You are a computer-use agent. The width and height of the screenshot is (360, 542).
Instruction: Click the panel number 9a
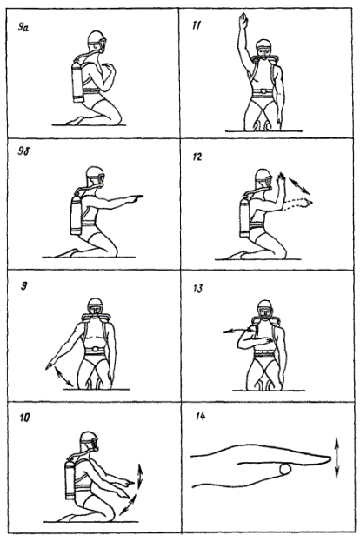23,28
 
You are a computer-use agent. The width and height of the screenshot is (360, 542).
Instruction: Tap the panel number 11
197,25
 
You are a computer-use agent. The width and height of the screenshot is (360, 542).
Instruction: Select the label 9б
23,151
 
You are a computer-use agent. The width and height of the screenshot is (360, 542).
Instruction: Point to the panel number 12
197,157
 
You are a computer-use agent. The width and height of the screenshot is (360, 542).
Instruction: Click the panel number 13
198,288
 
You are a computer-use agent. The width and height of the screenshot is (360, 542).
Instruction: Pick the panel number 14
200,416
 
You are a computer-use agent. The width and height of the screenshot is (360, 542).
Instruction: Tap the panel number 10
24,418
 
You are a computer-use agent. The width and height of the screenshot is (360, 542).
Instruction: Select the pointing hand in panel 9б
136,197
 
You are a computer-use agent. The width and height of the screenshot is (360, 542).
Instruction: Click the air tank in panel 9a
78,83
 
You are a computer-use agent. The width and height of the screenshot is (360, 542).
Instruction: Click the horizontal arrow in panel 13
239,331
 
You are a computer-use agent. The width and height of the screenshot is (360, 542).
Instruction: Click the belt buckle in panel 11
264,91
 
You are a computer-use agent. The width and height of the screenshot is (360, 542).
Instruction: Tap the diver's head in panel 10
90,441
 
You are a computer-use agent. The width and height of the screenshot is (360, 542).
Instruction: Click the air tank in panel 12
245,219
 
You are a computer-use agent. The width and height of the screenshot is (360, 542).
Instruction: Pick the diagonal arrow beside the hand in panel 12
299,185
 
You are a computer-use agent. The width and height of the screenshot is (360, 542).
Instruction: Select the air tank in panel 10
70,479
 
